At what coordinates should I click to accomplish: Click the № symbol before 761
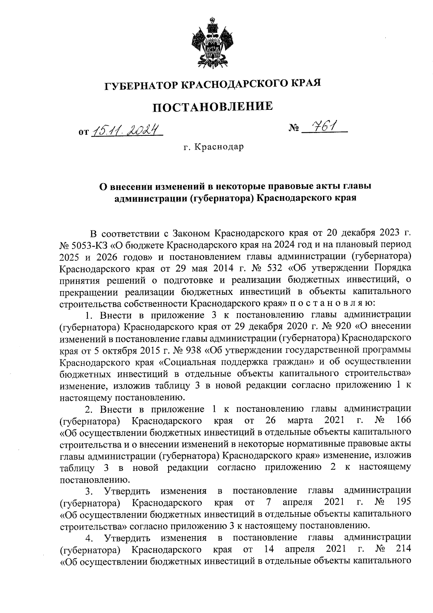click(294, 128)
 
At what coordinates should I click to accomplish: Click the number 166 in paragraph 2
click(403, 420)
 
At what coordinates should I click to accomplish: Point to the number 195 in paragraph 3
click(403, 502)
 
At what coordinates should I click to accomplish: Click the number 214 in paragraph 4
click(403, 549)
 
